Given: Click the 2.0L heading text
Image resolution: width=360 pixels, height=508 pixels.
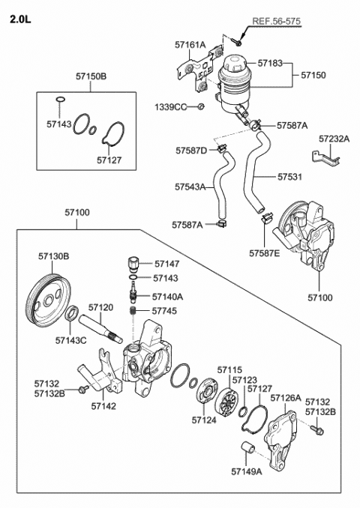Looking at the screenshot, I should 19,21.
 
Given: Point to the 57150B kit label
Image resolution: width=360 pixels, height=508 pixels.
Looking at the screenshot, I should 91,76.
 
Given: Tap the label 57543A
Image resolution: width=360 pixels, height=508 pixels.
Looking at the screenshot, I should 190,187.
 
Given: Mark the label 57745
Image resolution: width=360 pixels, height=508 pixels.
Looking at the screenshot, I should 164,309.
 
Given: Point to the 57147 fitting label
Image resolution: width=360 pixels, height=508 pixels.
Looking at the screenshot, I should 167,264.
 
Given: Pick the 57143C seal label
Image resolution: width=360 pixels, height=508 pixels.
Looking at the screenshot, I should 70,340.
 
